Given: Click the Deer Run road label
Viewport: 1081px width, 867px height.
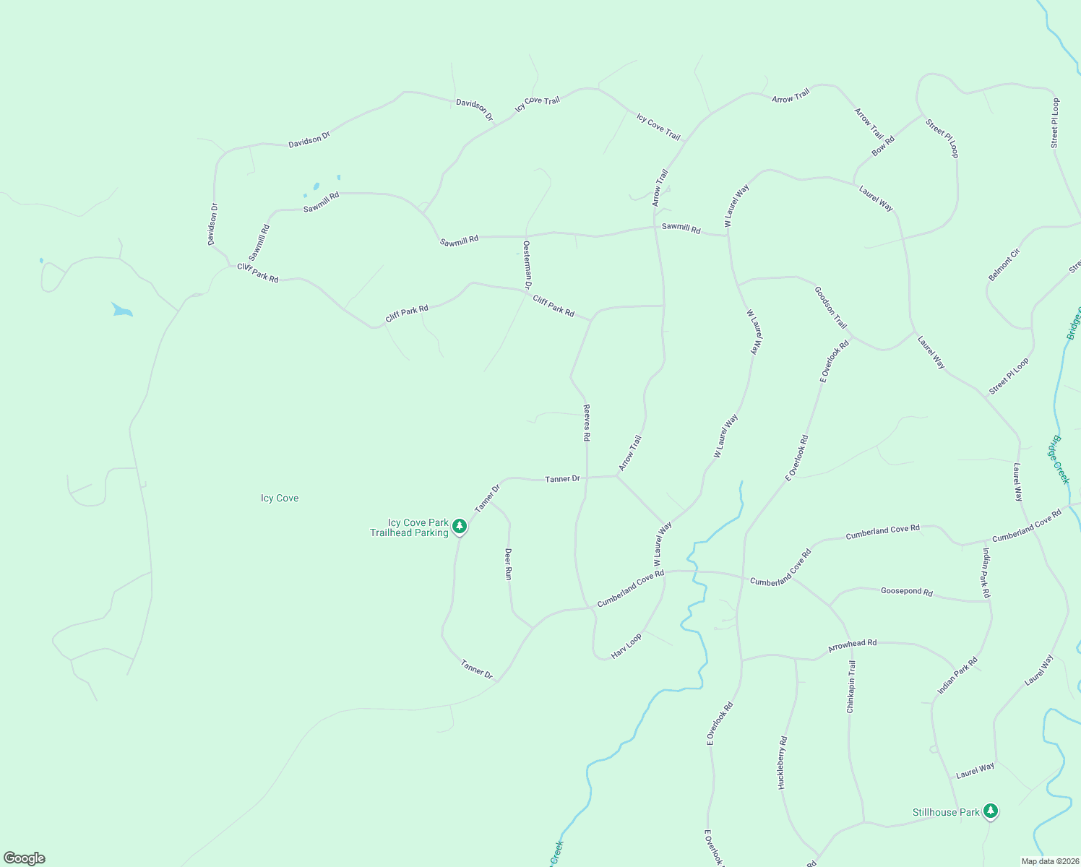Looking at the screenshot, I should pyautogui.click(x=508, y=564).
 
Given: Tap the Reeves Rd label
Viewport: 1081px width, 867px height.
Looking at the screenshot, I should pyautogui.click(x=587, y=423).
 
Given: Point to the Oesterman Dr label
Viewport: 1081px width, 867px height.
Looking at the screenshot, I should pyautogui.click(x=527, y=265).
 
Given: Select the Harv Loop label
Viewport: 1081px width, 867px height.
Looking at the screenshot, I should pyautogui.click(x=626, y=646).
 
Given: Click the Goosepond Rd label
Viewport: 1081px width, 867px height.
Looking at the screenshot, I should pyautogui.click(x=906, y=592).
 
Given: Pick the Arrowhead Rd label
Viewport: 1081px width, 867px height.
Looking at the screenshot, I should pyautogui.click(x=852, y=644).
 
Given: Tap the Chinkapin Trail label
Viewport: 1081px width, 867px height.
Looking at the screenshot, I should pyautogui.click(x=851, y=686).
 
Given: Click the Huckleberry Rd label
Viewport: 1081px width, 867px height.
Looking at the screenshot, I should pyautogui.click(x=783, y=762).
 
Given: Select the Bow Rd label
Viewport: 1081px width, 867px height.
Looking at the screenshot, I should pyautogui.click(x=883, y=146).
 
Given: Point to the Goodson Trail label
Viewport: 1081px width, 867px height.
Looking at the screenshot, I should pyautogui.click(x=830, y=307).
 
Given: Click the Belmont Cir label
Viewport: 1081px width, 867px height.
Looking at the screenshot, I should pyautogui.click(x=1004, y=264).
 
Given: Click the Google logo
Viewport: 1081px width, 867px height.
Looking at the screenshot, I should pyautogui.click(x=25, y=858).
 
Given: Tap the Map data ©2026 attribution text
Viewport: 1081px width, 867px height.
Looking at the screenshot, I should pyautogui.click(x=1049, y=861).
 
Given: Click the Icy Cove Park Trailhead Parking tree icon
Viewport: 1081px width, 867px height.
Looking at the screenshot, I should pyautogui.click(x=460, y=528).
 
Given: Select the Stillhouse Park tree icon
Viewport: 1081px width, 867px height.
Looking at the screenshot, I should pyautogui.click(x=991, y=811).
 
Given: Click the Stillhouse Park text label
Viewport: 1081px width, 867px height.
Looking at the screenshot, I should pyautogui.click(x=946, y=813).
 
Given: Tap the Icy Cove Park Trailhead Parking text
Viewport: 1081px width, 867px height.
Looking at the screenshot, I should pyautogui.click(x=410, y=527).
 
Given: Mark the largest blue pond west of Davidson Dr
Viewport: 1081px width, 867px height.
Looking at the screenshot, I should pyautogui.click(x=121, y=311).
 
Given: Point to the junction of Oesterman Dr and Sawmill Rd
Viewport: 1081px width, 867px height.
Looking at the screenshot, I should pyautogui.click(x=525, y=236).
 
